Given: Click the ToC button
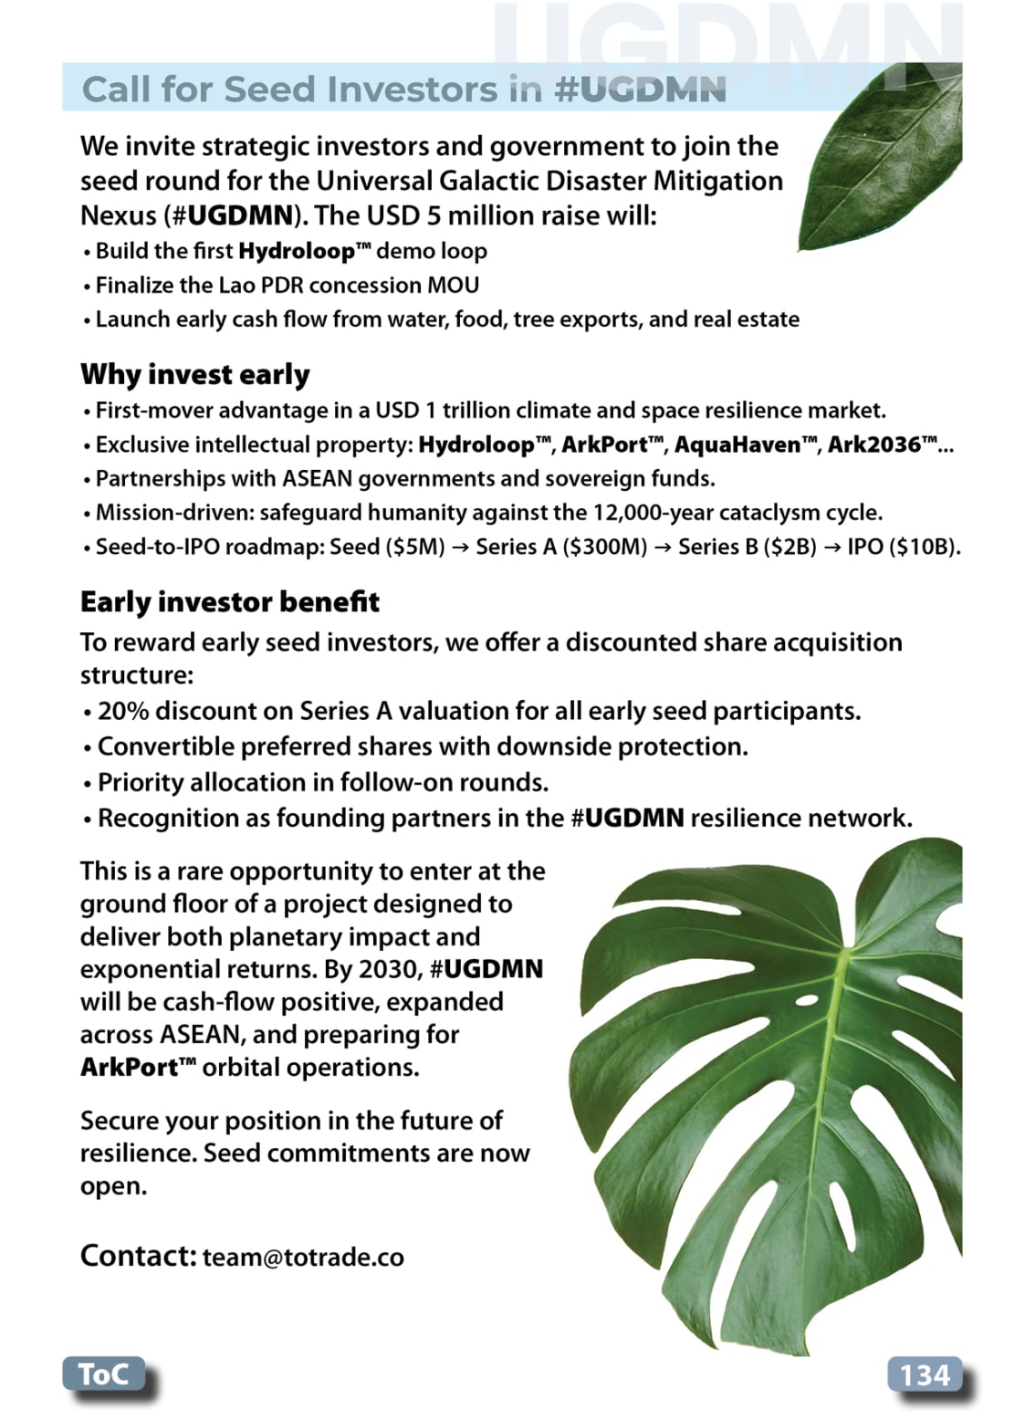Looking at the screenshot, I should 103,1373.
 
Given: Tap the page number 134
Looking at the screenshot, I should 924,1374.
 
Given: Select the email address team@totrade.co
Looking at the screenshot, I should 303,1257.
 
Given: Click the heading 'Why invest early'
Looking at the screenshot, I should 194,374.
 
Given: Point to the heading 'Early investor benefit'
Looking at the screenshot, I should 229,602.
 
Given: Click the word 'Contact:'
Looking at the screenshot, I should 138,1256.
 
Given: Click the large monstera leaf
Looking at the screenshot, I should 776,1077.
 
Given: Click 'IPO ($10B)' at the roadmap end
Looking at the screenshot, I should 902,547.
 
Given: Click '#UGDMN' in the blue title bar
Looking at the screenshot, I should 640,89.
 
